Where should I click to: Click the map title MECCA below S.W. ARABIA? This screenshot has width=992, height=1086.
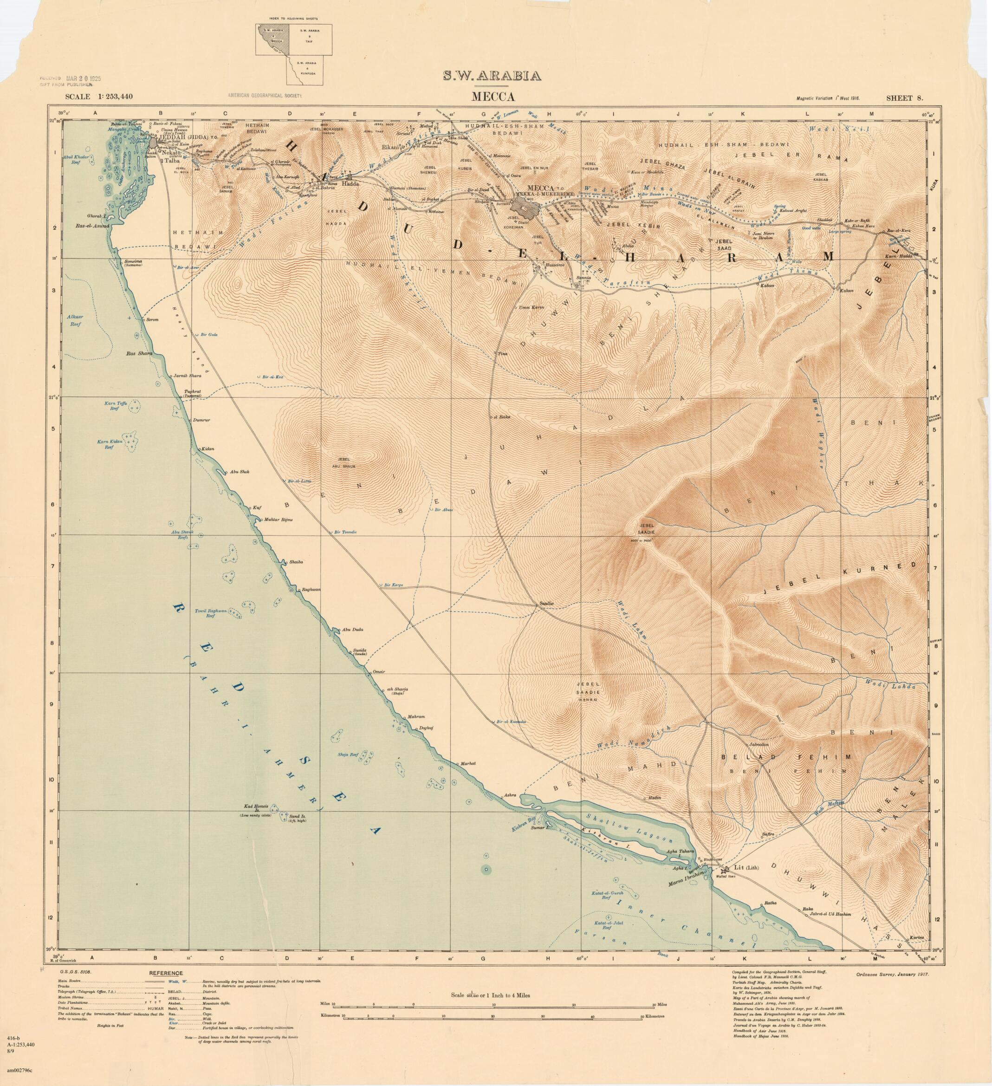pyautogui.click(x=493, y=97)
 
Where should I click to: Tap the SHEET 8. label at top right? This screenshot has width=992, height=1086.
pyautogui.click(x=906, y=98)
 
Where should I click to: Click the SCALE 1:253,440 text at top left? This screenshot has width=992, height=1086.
pyautogui.click(x=98, y=97)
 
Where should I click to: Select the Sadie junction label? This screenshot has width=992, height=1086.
pyautogui.click(x=547, y=604)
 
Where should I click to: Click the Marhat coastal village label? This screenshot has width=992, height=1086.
pyautogui.click(x=467, y=763)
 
